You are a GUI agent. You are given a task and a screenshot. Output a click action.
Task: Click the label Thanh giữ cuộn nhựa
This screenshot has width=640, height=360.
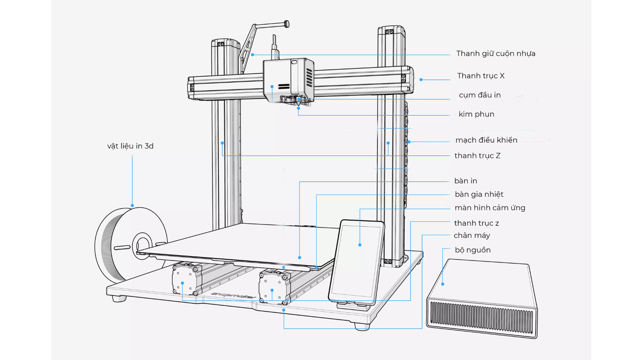point(495,53)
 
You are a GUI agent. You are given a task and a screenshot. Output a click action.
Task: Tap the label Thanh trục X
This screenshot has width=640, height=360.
point(480,76)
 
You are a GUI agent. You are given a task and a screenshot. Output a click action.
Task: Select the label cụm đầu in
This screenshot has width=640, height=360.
point(479,95)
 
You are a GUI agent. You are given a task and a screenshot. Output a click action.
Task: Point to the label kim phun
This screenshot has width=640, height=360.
point(476,114)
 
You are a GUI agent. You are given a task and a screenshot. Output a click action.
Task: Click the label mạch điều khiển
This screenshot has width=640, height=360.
point(486,140)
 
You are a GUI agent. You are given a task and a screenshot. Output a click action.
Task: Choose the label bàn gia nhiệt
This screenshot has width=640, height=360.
point(479,194)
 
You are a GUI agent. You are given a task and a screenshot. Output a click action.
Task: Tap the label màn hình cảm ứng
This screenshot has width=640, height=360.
point(489,207)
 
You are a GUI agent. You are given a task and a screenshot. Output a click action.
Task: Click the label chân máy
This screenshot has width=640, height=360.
point(471,235)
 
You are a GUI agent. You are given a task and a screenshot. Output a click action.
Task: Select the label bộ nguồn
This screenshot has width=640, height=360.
point(472,249)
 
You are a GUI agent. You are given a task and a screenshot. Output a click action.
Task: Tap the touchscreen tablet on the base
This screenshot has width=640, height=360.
point(356,261)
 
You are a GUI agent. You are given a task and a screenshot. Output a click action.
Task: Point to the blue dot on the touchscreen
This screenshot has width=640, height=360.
point(360,244)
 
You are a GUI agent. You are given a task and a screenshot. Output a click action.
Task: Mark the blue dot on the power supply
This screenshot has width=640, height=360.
point(443,284)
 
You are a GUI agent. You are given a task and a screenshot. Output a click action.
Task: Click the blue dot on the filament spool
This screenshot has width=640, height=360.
point(132,205)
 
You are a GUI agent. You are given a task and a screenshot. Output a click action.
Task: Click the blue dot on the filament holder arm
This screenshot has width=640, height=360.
point(252,54)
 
